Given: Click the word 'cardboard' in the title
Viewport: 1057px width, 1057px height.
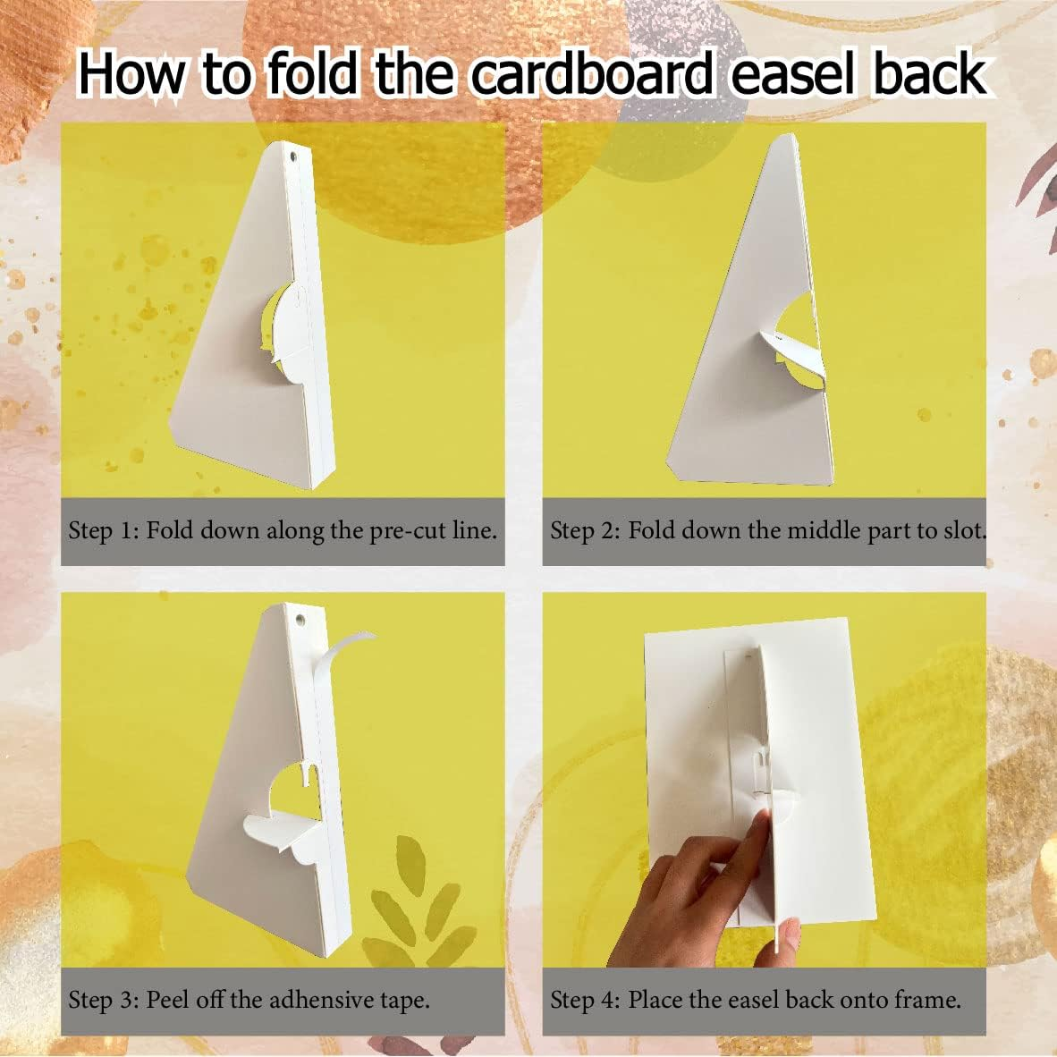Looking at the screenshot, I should [592, 74].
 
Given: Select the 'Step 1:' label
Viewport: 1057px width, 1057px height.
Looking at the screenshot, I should [104, 530].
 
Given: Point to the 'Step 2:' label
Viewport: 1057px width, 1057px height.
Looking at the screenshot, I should [586, 530].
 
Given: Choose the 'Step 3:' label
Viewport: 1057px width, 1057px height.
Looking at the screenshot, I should [104, 999].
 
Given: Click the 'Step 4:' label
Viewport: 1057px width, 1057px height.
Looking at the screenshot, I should [586, 999].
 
